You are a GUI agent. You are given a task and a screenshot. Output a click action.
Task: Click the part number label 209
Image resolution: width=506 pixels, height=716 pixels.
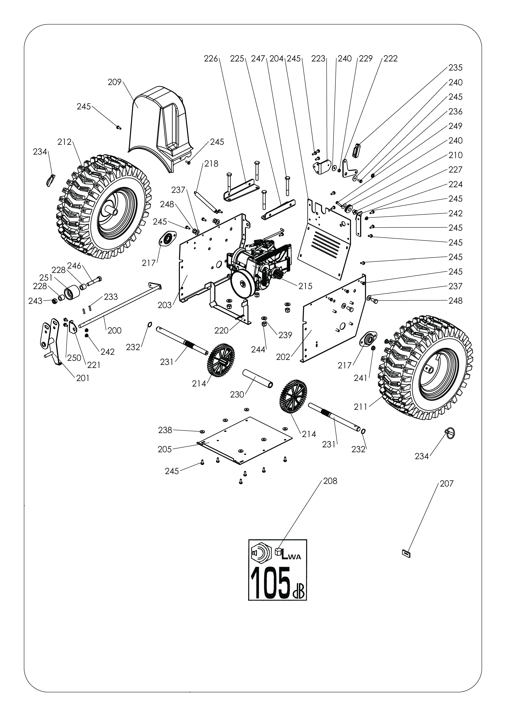114,83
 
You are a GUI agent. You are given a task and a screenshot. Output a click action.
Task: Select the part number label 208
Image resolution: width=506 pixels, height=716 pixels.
330,481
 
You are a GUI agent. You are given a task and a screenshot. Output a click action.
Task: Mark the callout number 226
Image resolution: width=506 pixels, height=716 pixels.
211,59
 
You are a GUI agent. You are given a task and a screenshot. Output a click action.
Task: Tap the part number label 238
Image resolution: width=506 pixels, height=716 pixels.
165,430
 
